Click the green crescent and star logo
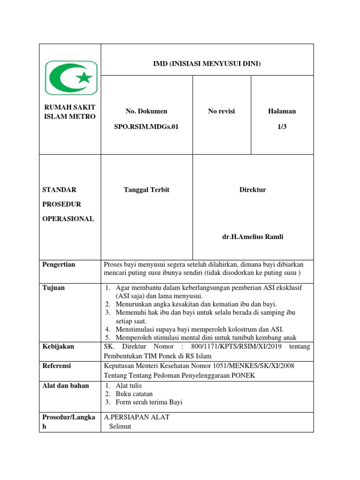tap(71, 77)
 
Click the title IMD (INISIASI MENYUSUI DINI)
tap(207, 63)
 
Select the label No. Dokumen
tap(146, 111)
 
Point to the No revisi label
tap(221, 111)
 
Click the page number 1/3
tap(282, 127)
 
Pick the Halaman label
tap(282, 111)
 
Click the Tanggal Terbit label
tap(146, 190)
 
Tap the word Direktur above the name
tap(253, 190)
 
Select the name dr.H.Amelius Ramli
tap(253, 237)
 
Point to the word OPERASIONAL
tap(68, 219)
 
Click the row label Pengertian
tap(59, 264)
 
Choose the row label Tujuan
tap(53, 288)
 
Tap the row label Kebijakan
tap(58, 346)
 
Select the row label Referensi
tap(57, 366)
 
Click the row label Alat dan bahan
tap(66, 386)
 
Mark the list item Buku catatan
tap(134, 394)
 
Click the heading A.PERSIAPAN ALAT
tap(137, 417)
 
